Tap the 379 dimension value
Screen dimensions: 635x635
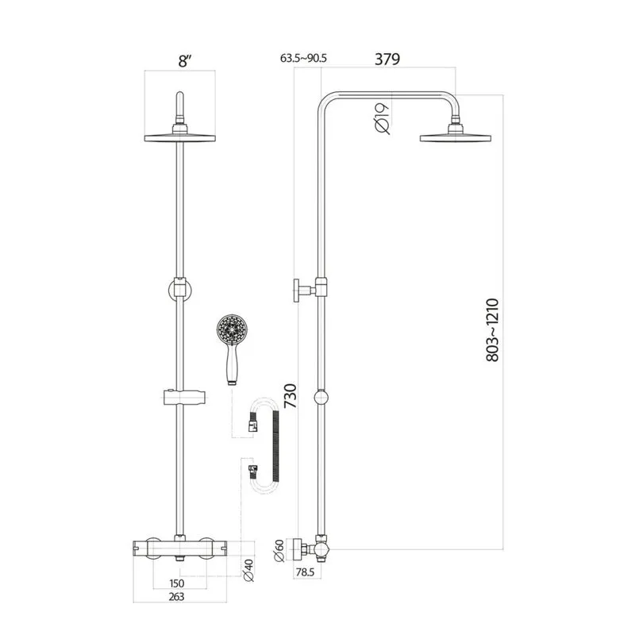pos(386,59)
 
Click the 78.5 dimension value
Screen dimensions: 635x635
pos(306,571)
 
